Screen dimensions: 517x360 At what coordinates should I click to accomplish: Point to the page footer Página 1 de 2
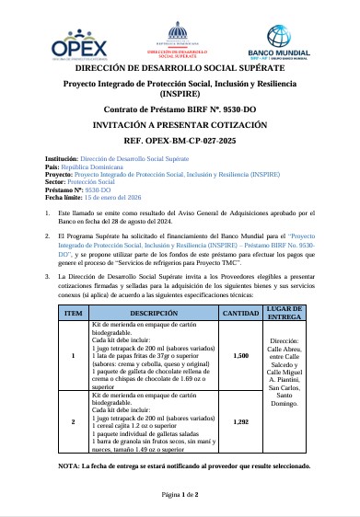tap(180, 494)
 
